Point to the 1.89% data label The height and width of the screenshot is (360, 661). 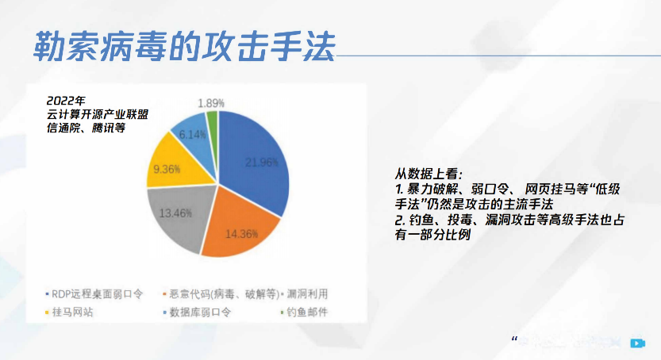pos(211,103)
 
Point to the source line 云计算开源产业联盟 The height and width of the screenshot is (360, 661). pos(98,113)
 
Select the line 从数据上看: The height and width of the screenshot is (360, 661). pos(428,173)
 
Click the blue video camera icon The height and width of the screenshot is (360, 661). pos(636,343)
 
